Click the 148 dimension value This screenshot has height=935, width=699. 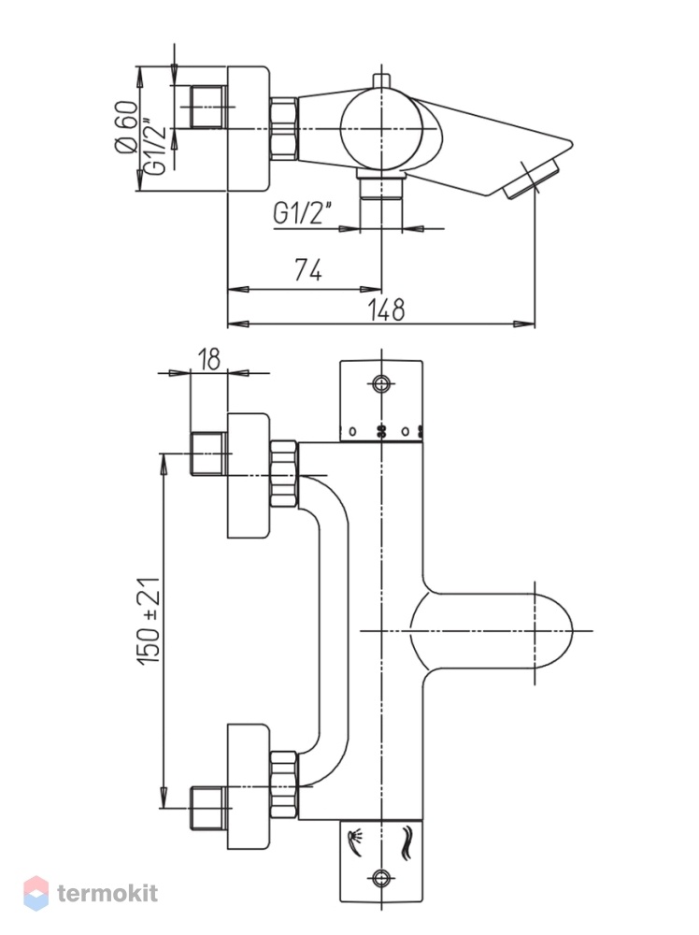[386, 309]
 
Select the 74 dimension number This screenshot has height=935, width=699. [308, 270]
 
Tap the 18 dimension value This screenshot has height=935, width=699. [208, 359]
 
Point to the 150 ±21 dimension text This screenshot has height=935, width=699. [150, 622]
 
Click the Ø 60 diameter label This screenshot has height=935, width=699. [126, 126]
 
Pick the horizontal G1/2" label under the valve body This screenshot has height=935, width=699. [302, 213]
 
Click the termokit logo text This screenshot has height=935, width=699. [107, 893]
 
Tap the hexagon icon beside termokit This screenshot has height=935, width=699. [36, 893]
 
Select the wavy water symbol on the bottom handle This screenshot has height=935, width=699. [407, 842]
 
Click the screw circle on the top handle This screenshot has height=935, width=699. [380, 384]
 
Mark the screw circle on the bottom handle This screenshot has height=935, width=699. [380, 877]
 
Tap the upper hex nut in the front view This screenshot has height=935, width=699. [284, 474]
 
